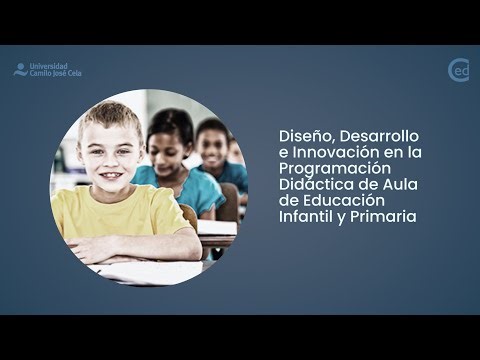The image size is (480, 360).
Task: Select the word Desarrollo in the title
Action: tap(382, 134)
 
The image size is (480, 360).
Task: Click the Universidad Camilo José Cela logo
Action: tap(47, 70)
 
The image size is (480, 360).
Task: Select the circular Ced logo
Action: tap(458, 70)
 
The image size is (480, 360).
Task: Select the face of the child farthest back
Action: tap(212, 145)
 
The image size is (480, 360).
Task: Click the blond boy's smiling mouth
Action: tap(112, 173)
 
